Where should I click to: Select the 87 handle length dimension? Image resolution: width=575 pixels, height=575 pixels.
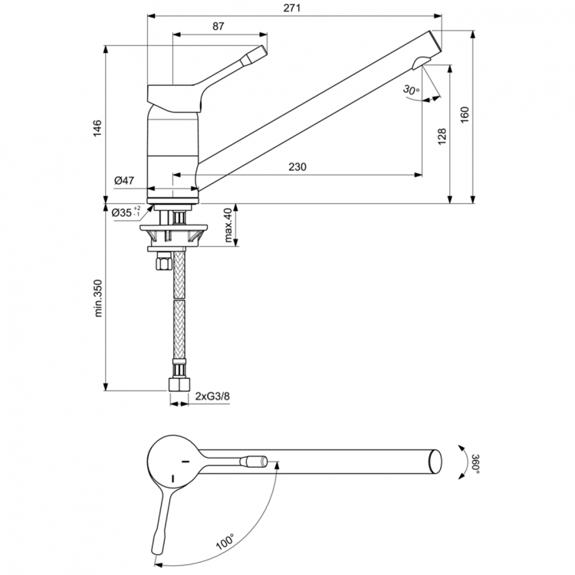click(x=219, y=27)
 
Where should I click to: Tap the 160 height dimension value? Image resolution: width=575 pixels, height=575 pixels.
click(x=465, y=113)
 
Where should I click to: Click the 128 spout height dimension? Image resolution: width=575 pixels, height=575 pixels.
click(x=442, y=136)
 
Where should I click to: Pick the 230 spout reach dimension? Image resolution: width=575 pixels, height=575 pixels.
click(x=299, y=167)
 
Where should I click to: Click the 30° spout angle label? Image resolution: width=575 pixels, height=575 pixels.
click(x=411, y=90)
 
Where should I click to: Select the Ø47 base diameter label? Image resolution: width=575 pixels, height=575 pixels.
click(x=124, y=181)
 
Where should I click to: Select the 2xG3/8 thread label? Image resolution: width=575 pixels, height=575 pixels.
click(x=213, y=396)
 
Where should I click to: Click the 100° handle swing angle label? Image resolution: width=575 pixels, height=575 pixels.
click(x=224, y=544)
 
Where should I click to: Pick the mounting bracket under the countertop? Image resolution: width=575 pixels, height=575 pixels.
click(x=173, y=230)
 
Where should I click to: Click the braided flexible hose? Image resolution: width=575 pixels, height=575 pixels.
click(x=178, y=314)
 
